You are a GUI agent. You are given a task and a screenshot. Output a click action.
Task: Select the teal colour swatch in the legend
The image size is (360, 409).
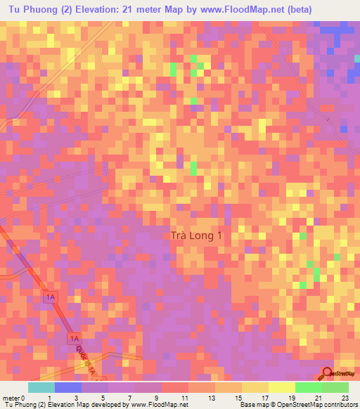[41, 387]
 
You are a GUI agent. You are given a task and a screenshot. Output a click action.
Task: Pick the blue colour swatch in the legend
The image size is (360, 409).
[68, 387]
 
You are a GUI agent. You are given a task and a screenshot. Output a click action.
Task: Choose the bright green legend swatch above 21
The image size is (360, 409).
[309, 387]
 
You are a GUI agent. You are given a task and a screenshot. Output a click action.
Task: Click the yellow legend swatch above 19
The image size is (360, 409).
[282, 387]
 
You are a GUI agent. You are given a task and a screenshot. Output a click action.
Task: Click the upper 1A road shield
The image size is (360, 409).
[49, 297]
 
